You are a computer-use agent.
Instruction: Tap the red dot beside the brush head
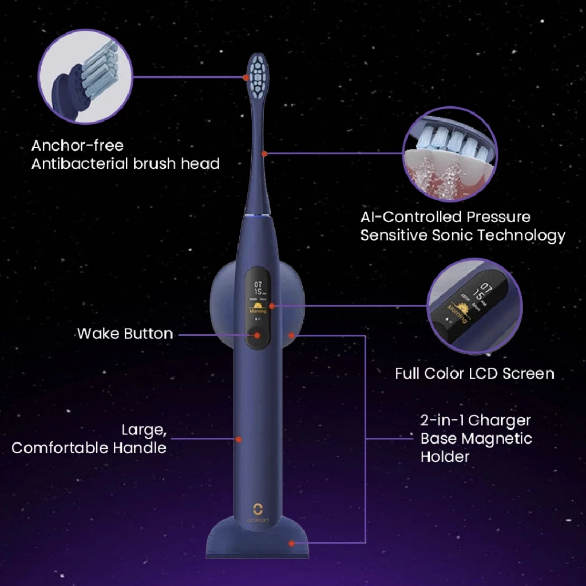point(246,77)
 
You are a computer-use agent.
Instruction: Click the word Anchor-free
point(77,146)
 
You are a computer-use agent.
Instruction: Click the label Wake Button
point(125,334)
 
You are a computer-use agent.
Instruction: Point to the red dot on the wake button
point(257,335)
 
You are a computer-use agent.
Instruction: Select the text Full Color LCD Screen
point(474,374)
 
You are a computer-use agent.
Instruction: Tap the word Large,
point(140,430)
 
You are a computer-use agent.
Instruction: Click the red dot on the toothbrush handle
point(239,439)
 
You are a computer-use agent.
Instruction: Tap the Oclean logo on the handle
point(258,511)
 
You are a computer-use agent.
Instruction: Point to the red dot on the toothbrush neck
point(264,153)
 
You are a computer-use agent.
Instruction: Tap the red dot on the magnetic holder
point(291,335)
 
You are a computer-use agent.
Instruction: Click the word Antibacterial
point(80,164)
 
